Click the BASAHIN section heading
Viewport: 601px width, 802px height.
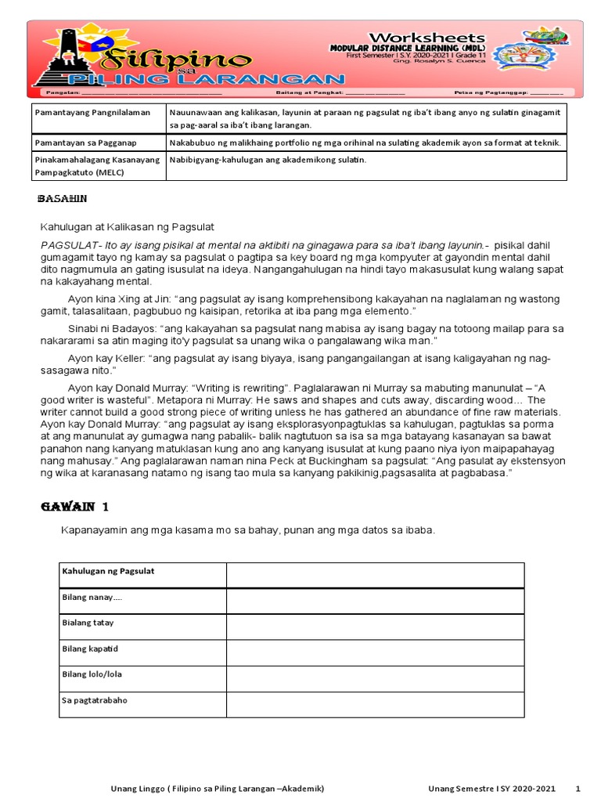pyautogui.click(x=63, y=200)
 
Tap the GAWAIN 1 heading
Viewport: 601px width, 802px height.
pyautogui.click(x=75, y=506)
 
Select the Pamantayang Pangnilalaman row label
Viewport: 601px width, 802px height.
pyautogui.click(x=82, y=113)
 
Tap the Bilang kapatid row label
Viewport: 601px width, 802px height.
pyautogui.click(x=90, y=649)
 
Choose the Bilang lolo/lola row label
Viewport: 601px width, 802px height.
pyautogui.click(x=92, y=674)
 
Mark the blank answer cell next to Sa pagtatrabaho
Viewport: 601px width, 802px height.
pyautogui.click(x=375, y=703)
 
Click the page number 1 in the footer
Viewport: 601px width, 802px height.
pyautogui.click(x=578, y=788)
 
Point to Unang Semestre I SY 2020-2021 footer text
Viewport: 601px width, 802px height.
pyautogui.click(x=491, y=788)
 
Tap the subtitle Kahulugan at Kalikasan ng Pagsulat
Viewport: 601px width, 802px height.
pyautogui.click(x=127, y=227)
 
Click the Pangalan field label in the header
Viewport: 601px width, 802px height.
pyautogui.click(x=50, y=92)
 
